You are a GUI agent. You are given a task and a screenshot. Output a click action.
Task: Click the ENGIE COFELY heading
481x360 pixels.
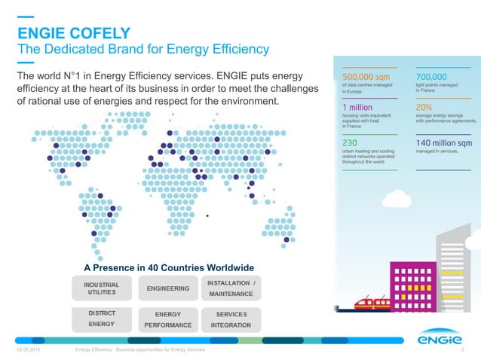pyautogui.click(x=73, y=32)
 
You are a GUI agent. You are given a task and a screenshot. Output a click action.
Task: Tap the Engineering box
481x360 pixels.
pyautogui.click(x=167, y=288)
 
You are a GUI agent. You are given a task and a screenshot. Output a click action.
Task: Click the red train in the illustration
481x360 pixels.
pyautogui.click(x=371, y=303)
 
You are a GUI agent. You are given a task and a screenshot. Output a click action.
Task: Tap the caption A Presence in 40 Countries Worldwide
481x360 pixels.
pyautogui.click(x=169, y=268)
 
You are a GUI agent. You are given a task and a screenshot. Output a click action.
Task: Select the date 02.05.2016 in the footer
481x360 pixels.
pyautogui.click(x=29, y=351)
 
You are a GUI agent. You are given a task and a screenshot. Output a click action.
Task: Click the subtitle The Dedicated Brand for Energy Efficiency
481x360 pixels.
pyautogui.click(x=143, y=50)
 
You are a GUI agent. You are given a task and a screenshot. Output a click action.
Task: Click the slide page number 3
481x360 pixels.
pyautogui.click(x=470, y=351)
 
